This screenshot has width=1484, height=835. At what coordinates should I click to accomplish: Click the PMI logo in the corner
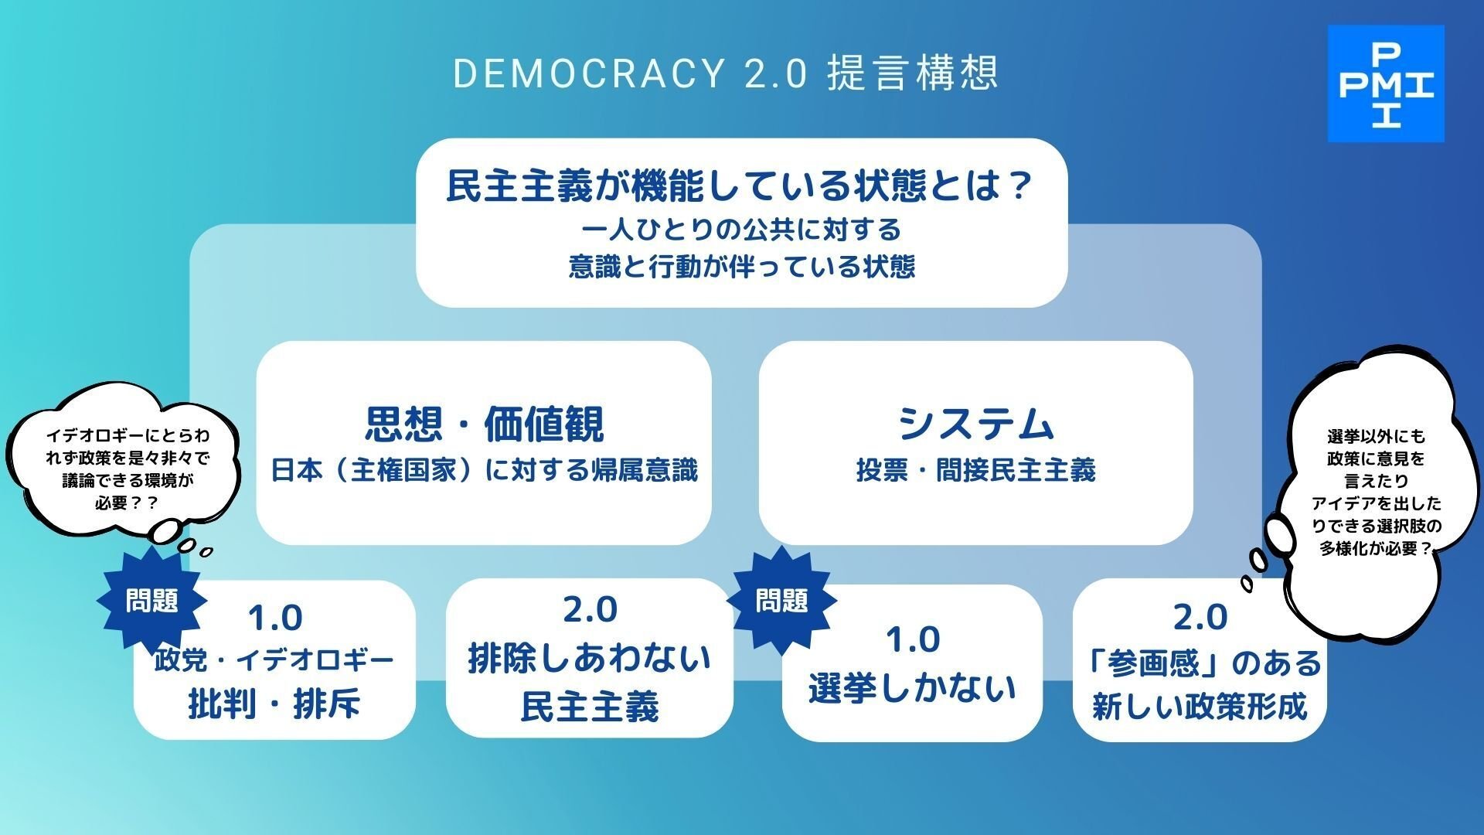[1386, 83]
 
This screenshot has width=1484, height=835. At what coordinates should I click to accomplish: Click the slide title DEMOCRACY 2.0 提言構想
[725, 73]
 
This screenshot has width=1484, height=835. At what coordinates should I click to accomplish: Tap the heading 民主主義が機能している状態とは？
[740, 186]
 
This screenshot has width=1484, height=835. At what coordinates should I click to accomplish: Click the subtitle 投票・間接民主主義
[975, 470]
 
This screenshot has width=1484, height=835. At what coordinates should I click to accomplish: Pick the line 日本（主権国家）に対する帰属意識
[484, 470]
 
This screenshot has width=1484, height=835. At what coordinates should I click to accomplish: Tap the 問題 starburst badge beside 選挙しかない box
[781, 600]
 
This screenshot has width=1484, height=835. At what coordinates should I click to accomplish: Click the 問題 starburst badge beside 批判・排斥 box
[152, 600]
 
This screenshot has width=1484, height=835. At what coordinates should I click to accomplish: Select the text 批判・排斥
[274, 704]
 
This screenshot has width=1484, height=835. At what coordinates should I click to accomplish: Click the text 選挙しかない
[912, 687]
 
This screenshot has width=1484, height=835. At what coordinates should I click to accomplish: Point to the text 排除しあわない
[589, 659]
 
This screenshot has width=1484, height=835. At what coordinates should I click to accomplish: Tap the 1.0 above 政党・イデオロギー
[274, 618]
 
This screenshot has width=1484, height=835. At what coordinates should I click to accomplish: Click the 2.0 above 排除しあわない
[589, 610]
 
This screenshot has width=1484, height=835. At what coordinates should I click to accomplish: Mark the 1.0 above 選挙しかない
[912, 639]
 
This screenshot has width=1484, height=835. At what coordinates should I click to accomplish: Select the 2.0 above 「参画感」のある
[1200, 617]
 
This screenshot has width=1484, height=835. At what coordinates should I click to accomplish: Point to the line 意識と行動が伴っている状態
[742, 267]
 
